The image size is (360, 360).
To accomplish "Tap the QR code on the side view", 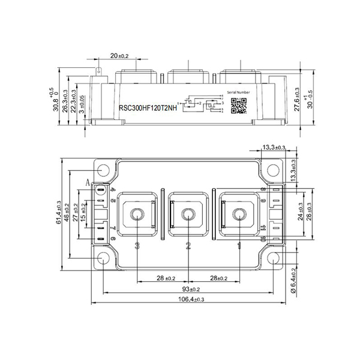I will (x=239, y=105).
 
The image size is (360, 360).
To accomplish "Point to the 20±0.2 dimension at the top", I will (x=119, y=56).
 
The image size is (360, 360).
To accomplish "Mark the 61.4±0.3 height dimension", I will (x=58, y=215).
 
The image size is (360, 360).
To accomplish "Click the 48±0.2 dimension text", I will (x=67, y=215).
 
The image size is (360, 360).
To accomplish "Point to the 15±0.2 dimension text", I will (x=83, y=215).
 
